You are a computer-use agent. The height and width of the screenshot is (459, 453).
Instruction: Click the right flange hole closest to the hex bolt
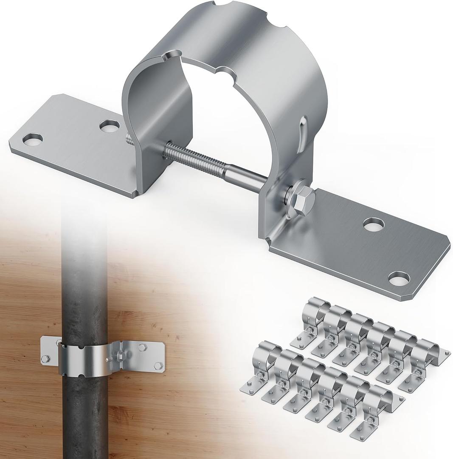[374, 224]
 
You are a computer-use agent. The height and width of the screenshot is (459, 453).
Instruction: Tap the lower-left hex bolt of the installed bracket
[46, 360]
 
